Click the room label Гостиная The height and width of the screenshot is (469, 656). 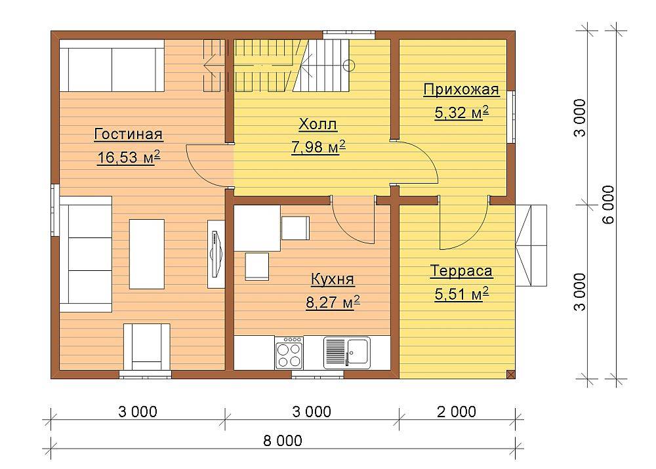click(x=129, y=134)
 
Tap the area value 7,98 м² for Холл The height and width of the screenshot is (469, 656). click(x=318, y=147)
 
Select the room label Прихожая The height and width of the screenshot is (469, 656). click(x=461, y=89)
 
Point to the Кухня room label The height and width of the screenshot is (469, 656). click(x=333, y=279)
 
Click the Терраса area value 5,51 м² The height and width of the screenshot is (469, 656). click(x=461, y=294)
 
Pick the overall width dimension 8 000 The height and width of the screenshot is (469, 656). click(x=283, y=441)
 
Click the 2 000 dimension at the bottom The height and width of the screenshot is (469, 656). click(x=457, y=412)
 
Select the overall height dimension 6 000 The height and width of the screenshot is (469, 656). click(x=609, y=205)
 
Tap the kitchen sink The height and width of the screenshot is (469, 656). click(x=347, y=353)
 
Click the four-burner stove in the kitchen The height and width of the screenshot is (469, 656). click(x=289, y=353)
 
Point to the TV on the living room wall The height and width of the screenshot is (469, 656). click(x=216, y=254)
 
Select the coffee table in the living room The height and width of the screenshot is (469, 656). click(x=146, y=254)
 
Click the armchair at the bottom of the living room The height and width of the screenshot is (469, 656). click(x=146, y=346)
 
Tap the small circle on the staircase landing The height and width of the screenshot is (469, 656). click(x=349, y=66)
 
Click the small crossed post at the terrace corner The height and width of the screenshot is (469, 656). click(x=510, y=374)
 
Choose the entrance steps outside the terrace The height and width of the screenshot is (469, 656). click(x=531, y=245)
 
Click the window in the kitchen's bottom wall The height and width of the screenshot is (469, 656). click(x=318, y=375)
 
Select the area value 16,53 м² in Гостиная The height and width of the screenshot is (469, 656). click(x=129, y=157)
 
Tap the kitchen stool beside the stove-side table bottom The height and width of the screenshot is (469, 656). click(x=257, y=266)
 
